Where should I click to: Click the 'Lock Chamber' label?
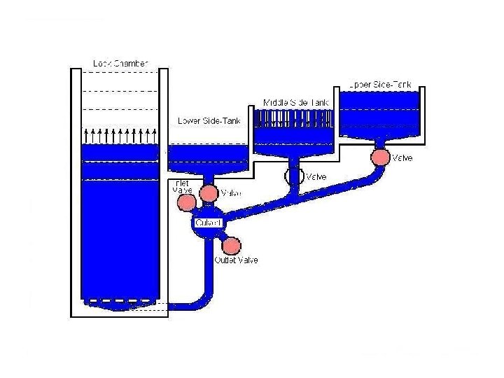[120, 64]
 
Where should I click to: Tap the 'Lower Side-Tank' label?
[209, 121]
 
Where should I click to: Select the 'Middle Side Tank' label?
[295, 102]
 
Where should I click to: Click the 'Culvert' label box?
[208, 223]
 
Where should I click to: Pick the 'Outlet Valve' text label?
[235, 260]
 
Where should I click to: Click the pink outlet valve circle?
[231, 246]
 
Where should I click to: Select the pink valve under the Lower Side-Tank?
[209, 192]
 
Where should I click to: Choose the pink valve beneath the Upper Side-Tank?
[380, 157]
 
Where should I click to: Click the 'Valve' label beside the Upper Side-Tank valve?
[402, 158]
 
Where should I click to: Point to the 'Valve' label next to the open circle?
[316, 177]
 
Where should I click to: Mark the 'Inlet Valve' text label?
[181, 186]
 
